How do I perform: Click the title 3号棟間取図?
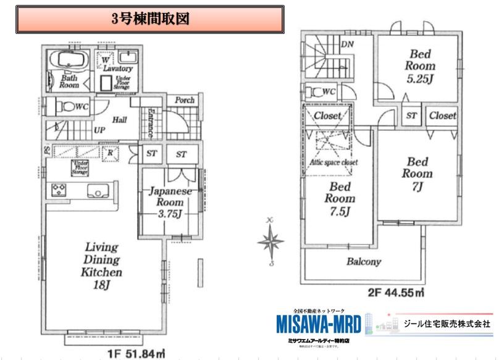click(x=150, y=19)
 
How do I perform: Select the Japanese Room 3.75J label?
click(x=169, y=203)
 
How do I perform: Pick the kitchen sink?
click(x=98, y=191)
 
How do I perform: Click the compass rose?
click(x=270, y=241)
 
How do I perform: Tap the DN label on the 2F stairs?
click(x=346, y=44)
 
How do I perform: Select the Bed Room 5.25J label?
click(x=421, y=66)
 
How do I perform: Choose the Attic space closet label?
click(x=332, y=162)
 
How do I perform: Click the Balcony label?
click(x=363, y=262)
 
